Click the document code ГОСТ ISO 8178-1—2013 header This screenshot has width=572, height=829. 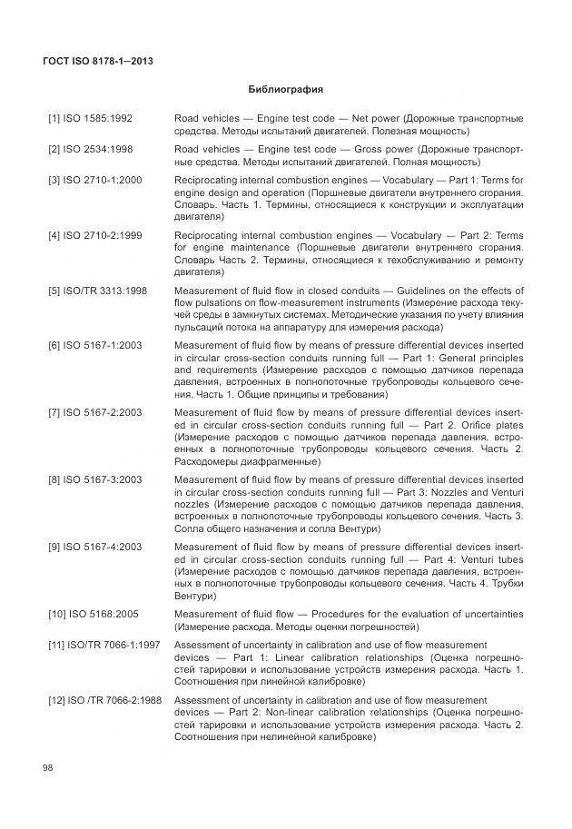[x=98, y=61]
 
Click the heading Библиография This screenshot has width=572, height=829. [x=286, y=90]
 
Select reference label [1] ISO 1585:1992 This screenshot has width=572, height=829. [x=90, y=119]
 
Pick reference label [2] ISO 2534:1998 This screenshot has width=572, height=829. [x=90, y=149]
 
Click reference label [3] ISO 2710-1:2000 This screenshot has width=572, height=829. [x=94, y=180]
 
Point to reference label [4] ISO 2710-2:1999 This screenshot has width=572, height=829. [x=94, y=235]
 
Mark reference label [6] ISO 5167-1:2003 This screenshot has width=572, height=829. [x=94, y=347]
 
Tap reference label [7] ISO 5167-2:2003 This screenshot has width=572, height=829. [x=94, y=413]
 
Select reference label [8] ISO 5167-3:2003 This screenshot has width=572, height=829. [x=94, y=479]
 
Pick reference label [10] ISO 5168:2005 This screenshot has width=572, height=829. [x=93, y=615]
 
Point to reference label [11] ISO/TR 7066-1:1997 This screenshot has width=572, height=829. [x=103, y=644]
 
